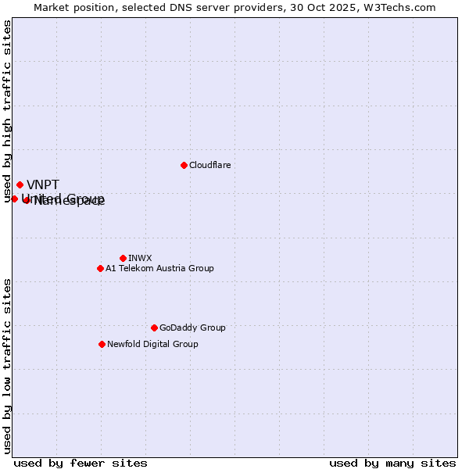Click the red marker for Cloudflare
click(184, 165)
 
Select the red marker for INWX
click(123, 258)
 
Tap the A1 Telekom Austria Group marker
click(100, 268)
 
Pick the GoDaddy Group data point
click(154, 328)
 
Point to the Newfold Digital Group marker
click(102, 344)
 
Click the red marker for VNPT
click(20, 184)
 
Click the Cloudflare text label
click(210, 166)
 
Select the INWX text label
click(140, 258)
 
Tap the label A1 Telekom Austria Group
click(159, 269)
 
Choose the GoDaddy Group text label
click(192, 328)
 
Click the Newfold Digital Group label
click(152, 344)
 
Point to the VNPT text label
click(43, 185)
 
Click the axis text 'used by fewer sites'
click(81, 463)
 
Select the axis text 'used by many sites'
click(392, 463)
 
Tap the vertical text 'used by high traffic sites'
click(8, 112)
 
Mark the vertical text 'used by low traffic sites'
click(8, 366)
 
